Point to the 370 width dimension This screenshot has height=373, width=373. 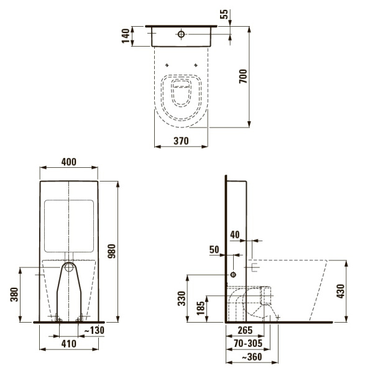[180, 141]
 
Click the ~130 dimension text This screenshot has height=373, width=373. [94, 329]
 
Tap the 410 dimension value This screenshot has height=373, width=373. [68, 343]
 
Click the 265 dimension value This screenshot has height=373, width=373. [243, 331]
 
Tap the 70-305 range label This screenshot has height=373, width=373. [248, 343]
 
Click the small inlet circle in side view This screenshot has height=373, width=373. [233, 274]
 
